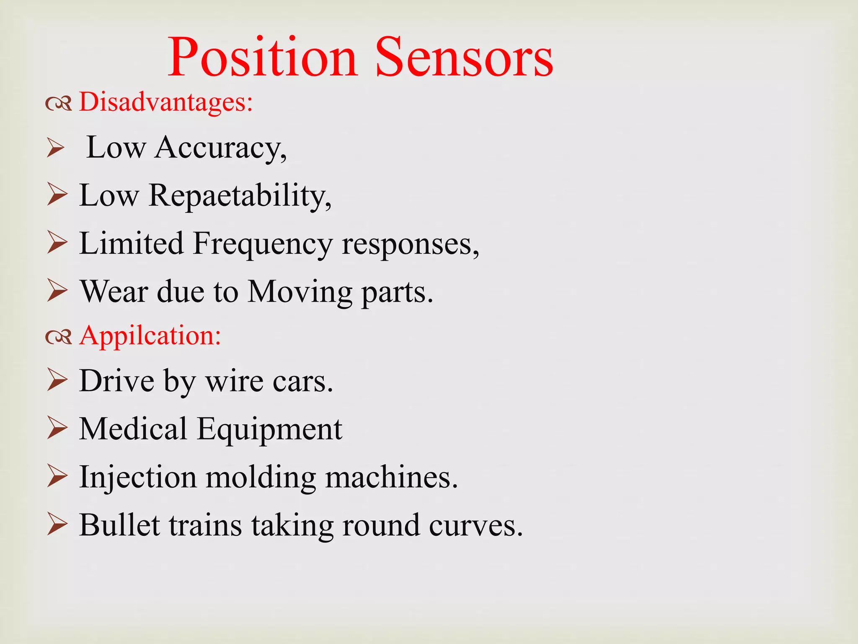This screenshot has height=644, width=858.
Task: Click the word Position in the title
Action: tap(263, 57)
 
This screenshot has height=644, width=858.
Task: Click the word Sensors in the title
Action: tap(464, 57)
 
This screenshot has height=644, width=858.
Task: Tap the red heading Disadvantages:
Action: tap(166, 102)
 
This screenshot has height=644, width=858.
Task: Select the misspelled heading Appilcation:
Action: tap(150, 336)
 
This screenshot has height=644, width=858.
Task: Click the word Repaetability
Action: tap(240, 196)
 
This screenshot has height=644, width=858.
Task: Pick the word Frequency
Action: tap(263, 244)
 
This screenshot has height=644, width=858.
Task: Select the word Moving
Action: tap(300, 292)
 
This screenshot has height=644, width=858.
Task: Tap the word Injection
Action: tap(138, 478)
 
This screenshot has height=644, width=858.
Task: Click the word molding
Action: tap(261, 478)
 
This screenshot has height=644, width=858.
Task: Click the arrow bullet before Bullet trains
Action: tap(57, 525)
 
